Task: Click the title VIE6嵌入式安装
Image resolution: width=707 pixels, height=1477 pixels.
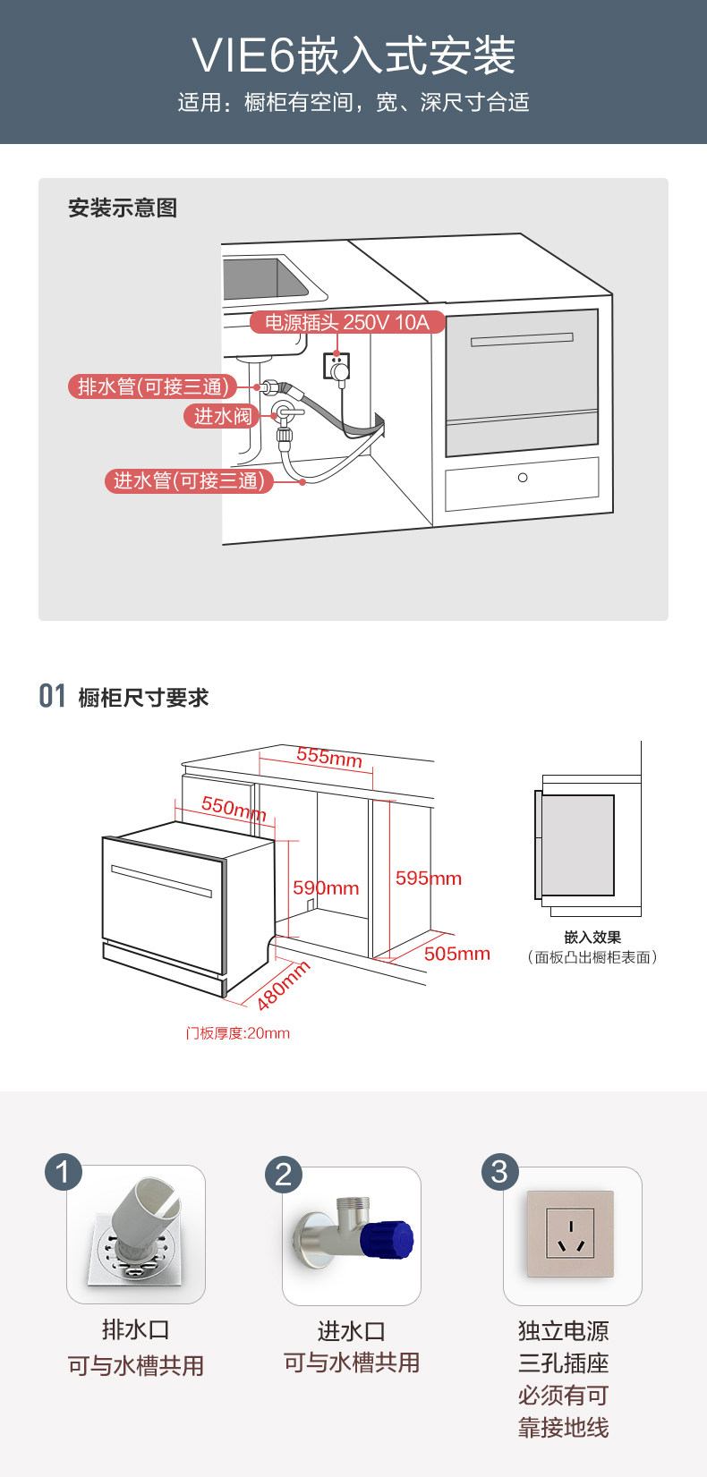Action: (353, 55)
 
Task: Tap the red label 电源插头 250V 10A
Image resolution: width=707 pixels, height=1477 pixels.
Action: (346, 322)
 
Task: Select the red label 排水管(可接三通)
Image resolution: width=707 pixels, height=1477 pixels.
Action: (153, 386)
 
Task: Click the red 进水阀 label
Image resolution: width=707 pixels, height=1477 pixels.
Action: (223, 416)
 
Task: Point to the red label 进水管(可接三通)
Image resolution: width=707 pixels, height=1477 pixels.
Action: (188, 480)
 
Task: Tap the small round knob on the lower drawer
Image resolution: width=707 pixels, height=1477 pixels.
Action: (523, 478)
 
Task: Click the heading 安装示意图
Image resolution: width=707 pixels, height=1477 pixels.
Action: (123, 208)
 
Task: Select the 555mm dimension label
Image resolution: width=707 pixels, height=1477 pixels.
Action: (329, 758)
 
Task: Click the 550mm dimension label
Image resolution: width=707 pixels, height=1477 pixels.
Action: (234, 808)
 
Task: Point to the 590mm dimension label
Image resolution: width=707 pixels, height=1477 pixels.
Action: (326, 887)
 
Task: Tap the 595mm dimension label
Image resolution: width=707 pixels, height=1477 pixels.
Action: (429, 879)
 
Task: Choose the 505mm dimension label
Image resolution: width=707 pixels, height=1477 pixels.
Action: (457, 954)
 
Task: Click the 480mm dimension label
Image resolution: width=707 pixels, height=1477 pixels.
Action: (283, 985)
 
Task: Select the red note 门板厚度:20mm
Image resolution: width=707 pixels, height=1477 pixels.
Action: (238, 1033)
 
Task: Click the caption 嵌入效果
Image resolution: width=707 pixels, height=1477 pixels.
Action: (592, 937)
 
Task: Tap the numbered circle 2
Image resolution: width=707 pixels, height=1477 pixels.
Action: (284, 1174)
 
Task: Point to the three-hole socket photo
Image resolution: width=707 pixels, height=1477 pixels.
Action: (570, 1234)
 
